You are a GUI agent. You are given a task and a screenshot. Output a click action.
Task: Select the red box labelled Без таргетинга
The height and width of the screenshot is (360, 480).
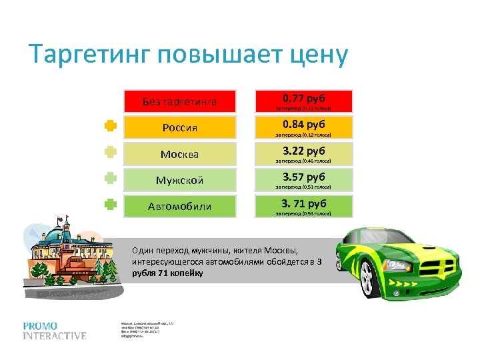(180, 101)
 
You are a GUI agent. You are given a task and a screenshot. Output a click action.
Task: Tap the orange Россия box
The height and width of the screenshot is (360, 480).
(180, 127)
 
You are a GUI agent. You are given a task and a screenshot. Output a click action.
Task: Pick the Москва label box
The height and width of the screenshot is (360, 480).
(180, 154)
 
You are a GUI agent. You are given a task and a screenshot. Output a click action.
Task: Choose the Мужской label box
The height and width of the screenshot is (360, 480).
(180, 180)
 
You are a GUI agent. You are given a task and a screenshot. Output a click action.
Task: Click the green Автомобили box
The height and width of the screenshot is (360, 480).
(180, 206)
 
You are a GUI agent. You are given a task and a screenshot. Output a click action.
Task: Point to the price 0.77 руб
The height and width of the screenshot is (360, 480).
(303, 99)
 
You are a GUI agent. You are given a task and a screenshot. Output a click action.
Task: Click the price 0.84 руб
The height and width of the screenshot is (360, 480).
(303, 125)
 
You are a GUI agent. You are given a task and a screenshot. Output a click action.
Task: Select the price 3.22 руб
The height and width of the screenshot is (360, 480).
(303, 151)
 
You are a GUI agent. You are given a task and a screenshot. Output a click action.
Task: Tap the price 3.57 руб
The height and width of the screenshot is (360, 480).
(303, 177)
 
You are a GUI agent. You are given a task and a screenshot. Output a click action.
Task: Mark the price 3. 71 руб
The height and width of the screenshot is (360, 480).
(303, 203)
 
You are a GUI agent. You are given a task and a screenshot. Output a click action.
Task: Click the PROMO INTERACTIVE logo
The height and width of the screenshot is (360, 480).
(55, 331)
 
